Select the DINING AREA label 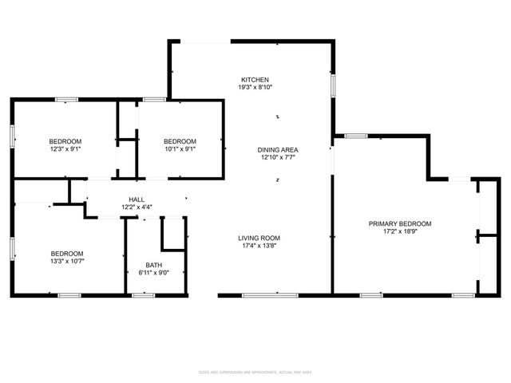[278, 150]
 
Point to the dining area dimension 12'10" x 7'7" [278, 158]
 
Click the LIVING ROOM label [259, 238]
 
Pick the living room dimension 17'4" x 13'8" [259, 246]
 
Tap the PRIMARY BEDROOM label [400, 223]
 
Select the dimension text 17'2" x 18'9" [400, 231]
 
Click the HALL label [137, 199]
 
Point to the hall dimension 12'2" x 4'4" [137, 207]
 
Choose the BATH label [153, 265]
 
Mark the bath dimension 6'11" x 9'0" [153, 273]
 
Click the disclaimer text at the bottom [255, 371]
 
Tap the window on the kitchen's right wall [333, 85]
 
